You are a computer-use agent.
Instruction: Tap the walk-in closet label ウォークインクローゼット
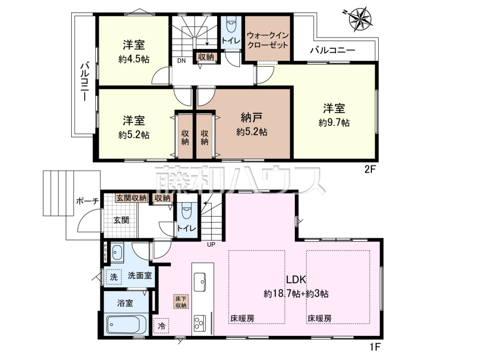click(x=268, y=40)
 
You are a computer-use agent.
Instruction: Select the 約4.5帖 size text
click(x=134, y=59)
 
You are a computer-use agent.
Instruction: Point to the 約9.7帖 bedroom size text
click(x=334, y=122)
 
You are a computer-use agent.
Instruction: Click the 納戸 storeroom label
click(x=251, y=118)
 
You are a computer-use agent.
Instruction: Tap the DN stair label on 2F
click(x=181, y=60)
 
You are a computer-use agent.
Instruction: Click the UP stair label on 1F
click(x=211, y=244)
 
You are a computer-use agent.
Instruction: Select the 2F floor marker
click(x=370, y=170)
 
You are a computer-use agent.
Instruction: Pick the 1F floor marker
click(x=376, y=347)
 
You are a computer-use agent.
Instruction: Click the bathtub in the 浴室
click(x=124, y=324)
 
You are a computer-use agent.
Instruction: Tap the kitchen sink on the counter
click(x=200, y=282)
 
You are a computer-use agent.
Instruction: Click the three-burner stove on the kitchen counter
click(x=200, y=322)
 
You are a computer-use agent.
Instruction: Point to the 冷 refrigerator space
click(x=161, y=326)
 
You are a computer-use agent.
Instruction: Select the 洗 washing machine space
click(x=114, y=277)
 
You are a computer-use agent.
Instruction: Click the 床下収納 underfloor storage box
click(x=181, y=302)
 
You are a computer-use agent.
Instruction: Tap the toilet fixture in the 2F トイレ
click(x=230, y=26)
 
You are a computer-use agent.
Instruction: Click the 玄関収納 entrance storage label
click(x=132, y=198)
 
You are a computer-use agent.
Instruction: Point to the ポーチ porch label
click(x=88, y=201)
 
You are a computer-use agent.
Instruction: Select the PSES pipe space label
click(x=105, y=253)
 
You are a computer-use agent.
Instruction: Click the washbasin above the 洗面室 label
click(x=117, y=252)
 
